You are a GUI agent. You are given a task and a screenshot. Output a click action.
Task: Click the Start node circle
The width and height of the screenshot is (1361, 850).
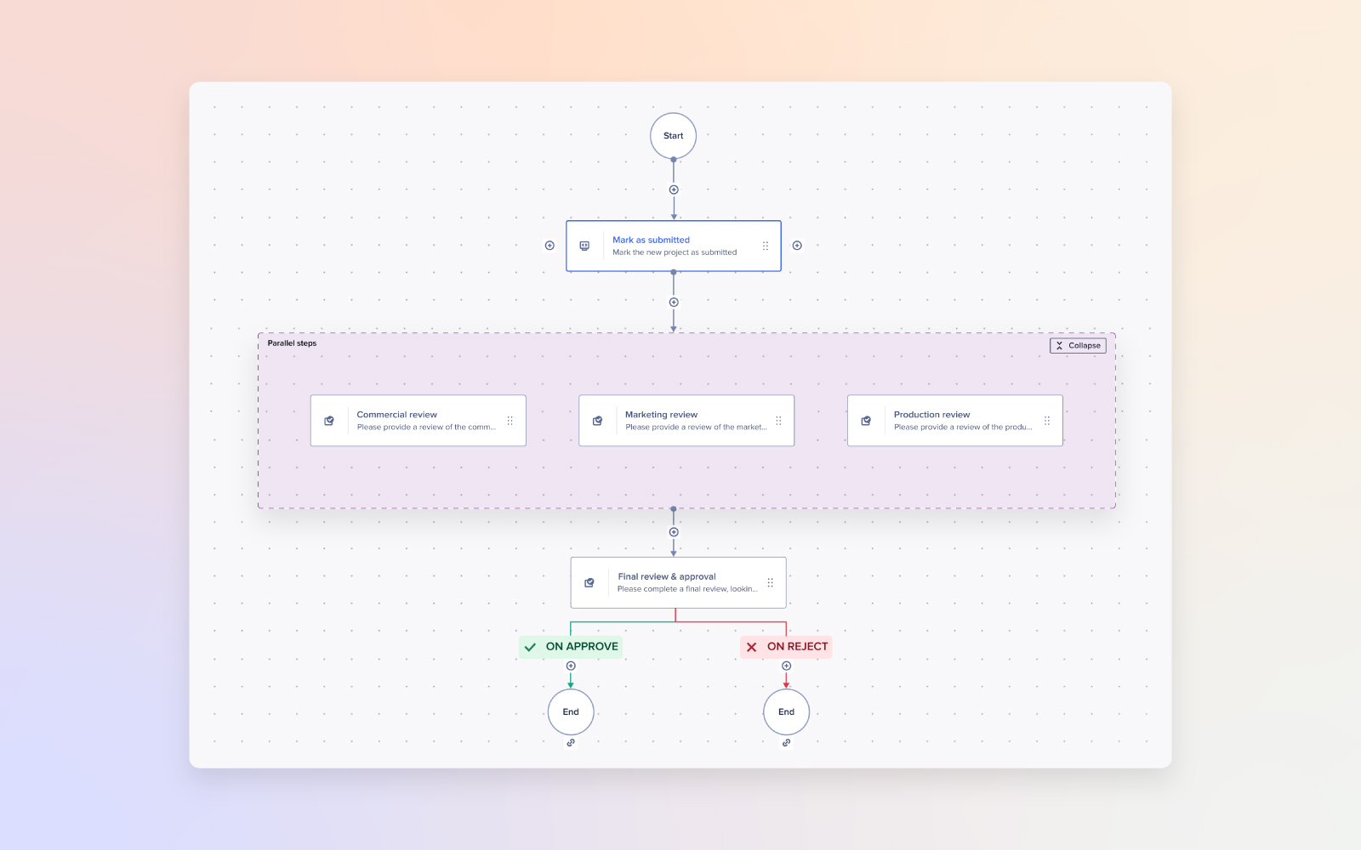673,136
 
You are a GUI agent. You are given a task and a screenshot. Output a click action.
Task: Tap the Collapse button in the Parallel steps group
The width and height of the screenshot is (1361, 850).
1078,345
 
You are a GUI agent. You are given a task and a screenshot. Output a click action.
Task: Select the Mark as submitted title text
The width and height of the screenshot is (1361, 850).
651,240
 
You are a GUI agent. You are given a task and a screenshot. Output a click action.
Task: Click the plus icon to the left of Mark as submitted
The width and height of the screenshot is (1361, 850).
550,246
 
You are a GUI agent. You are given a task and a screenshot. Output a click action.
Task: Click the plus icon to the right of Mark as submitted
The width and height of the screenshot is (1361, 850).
797,246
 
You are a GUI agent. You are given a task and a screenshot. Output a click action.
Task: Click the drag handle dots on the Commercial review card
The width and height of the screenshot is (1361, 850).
510,421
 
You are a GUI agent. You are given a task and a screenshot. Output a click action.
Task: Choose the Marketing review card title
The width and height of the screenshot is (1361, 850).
661,415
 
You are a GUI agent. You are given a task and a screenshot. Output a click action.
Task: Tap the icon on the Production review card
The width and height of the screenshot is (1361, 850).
866,421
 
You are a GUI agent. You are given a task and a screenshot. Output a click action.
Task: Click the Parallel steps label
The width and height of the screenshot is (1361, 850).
292,343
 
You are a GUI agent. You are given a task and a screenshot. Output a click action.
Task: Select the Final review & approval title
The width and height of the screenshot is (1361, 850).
666,576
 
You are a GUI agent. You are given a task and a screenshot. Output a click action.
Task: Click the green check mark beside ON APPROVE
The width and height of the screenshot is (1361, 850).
530,647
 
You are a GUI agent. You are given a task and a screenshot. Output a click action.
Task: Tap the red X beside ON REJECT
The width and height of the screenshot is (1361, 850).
751,647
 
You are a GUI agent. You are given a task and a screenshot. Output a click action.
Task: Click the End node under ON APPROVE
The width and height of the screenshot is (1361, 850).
571,712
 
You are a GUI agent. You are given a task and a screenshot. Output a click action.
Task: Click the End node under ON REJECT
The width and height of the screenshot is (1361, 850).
786,712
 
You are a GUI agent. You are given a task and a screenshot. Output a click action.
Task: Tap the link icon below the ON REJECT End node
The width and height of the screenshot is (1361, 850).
786,743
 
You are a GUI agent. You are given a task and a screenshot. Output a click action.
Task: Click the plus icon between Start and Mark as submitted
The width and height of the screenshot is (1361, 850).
674,190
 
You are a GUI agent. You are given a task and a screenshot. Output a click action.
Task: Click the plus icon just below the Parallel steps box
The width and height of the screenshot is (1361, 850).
674,532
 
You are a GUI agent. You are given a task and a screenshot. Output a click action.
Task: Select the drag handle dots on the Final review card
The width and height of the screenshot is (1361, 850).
770,583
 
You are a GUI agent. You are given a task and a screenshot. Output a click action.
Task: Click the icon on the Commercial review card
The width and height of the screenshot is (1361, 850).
329,421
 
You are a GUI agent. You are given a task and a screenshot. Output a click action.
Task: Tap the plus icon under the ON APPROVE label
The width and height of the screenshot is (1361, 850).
571,666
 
